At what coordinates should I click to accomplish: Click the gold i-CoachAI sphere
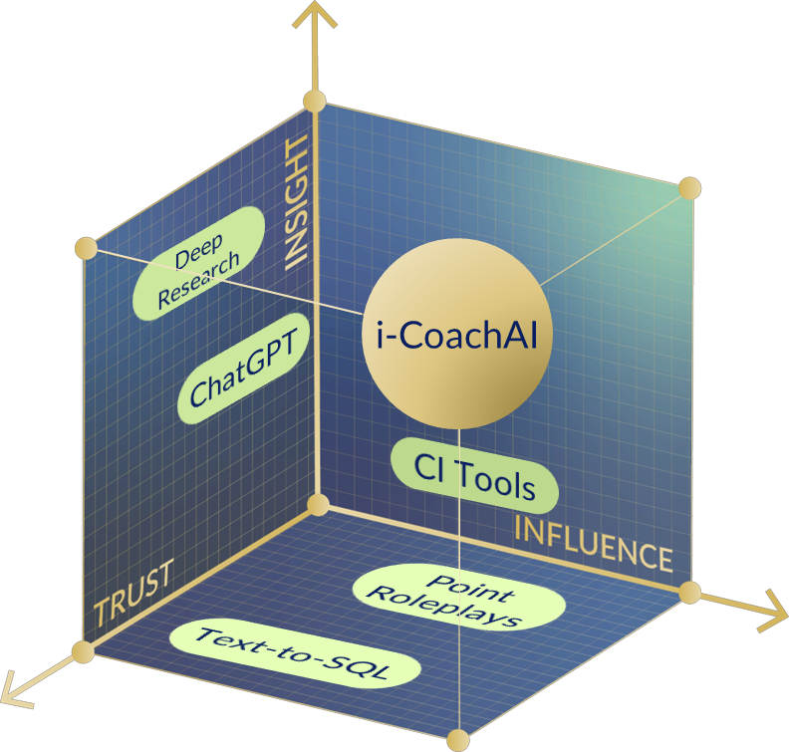point(457,335)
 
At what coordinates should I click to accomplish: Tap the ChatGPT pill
point(243,371)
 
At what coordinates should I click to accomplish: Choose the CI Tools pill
point(473,475)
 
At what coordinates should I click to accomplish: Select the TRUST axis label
point(133,595)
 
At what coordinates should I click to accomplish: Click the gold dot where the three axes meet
point(318,504)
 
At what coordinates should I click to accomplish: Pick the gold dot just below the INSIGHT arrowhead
point(315,102)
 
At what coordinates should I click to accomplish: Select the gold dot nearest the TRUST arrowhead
point(84,652)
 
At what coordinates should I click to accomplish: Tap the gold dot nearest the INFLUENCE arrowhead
point(689,593)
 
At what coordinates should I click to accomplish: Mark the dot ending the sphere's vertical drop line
point(458,739)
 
